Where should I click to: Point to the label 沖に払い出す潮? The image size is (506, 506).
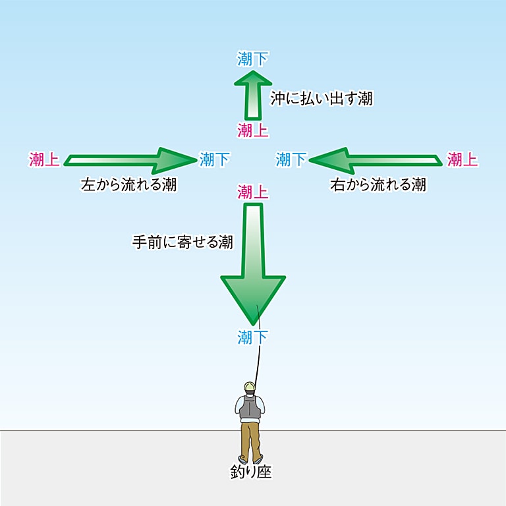tap(322, 99)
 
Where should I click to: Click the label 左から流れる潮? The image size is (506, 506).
tap(128, 185)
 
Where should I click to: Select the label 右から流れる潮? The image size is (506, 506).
tap(378, 185)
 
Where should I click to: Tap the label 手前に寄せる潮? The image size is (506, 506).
tap(183, 242)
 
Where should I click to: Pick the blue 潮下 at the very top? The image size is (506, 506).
tap(253, 59)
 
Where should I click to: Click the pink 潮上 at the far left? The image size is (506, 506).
tap(45, 159)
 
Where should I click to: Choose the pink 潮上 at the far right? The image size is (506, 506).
tap(463, 159)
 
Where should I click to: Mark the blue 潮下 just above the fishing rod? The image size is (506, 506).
tap(253, 338)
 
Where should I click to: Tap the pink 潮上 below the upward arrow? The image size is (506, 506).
tap(253, 130)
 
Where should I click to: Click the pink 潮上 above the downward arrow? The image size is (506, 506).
tap(253, 192)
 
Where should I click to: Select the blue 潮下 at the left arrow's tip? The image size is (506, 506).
tap(215, 159)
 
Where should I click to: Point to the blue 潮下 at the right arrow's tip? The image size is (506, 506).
tap(291, 159)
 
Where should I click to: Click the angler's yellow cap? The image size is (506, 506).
tap(249, 386)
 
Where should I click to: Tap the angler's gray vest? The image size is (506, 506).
tap(250, 407)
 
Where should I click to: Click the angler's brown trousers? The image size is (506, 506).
tap(250, 438)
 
